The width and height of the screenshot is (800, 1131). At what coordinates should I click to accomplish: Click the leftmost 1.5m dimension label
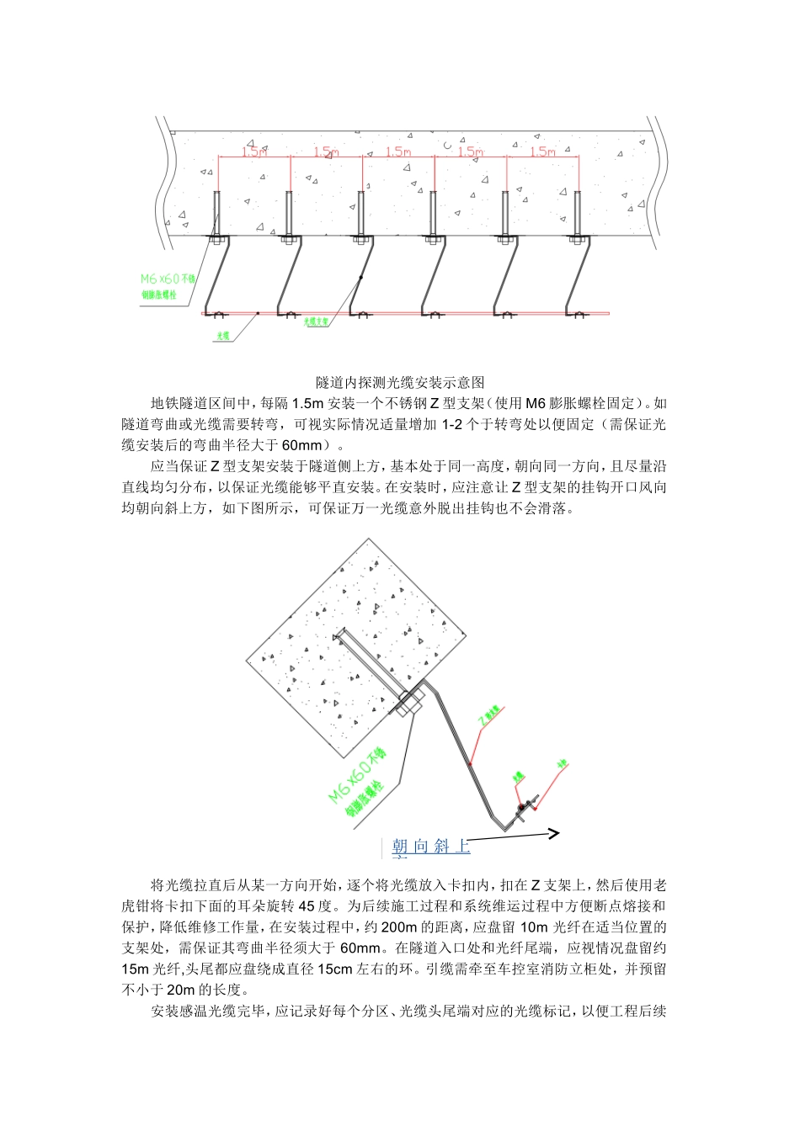click(253, 152)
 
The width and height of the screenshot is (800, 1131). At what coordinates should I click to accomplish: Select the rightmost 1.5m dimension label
click(543, 152)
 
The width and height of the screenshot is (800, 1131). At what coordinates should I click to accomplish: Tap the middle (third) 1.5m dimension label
click(398, 152)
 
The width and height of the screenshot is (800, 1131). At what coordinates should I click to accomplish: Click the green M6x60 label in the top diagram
click(167, 279)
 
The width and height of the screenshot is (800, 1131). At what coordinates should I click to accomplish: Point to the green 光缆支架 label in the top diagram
click(316, 321)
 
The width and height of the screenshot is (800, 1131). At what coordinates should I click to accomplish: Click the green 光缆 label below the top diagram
click(223, 335)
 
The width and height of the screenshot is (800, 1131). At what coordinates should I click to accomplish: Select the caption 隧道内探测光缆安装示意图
click(400, 382)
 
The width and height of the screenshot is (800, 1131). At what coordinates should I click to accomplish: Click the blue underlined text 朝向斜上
click(430, 847)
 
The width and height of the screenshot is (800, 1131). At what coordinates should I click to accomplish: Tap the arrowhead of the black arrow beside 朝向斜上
click(553, 834)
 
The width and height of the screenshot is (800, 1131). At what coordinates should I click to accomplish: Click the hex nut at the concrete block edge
click(411, 702)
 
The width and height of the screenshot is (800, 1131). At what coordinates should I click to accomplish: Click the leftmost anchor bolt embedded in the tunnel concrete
click(216, 215)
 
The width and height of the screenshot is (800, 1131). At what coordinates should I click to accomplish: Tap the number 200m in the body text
click(399, 927)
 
